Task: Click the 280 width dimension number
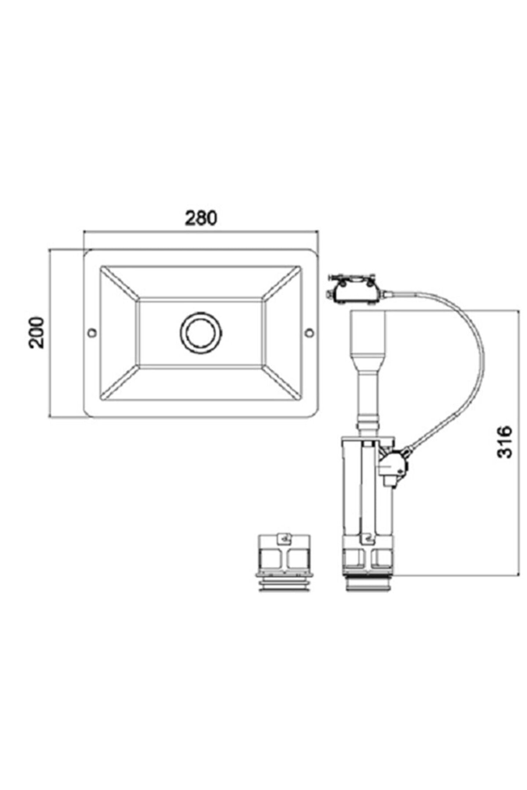coord(201,218)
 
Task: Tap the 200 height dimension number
coord(37,332)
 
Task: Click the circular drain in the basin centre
coord(201,332)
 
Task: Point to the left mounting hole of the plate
coord(93,332)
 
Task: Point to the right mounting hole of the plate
coord(310,332)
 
